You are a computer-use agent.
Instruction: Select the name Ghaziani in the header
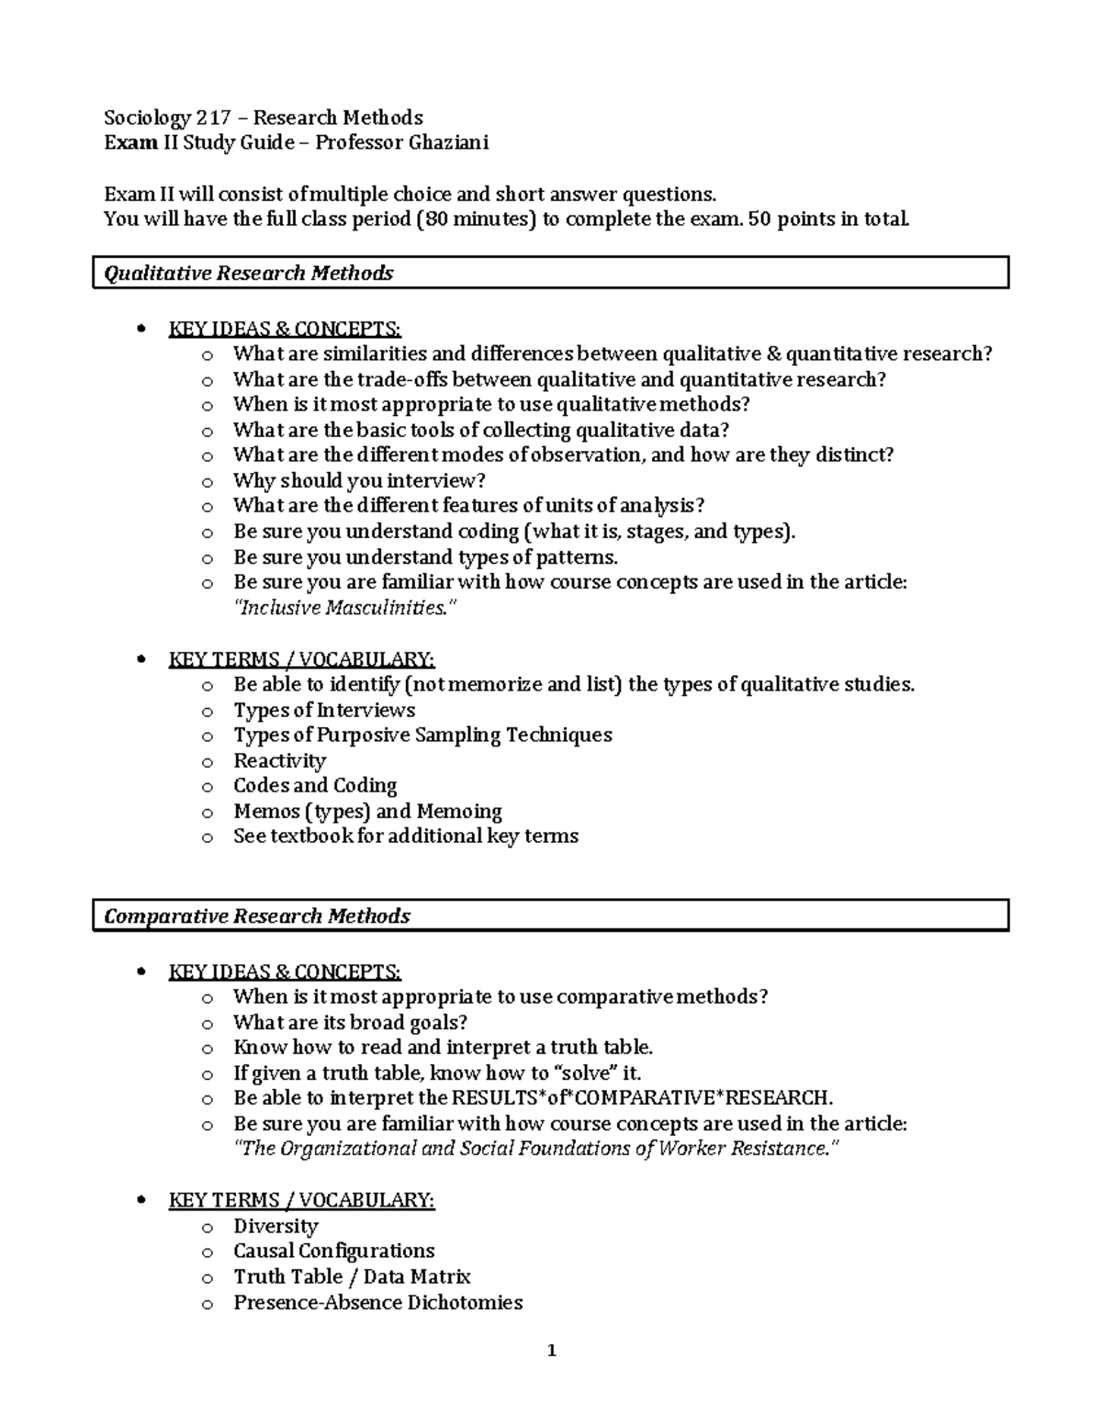[x=448, y=142]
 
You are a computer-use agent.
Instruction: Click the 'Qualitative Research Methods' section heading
[x=249, y=273]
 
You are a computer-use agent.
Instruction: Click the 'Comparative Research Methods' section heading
[x=257, y=915]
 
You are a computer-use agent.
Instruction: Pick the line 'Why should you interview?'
[x=359, y=480]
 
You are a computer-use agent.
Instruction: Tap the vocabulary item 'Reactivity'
[x=279, y=760]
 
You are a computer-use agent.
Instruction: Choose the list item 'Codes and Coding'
[x=315, y=785]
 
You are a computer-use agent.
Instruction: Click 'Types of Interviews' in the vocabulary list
[x=324, y=710]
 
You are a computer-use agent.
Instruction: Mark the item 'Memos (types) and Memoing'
[x=367, y=811]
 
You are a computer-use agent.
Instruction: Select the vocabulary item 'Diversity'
[x=275, y=1226]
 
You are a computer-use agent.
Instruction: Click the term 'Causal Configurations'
[x=333, y=1251]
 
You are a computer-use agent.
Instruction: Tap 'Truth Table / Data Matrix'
[x=352, y=1276]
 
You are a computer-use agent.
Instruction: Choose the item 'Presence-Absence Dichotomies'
[x=377, y=1302]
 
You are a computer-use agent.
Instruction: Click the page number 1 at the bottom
[x=551, y=1350]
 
